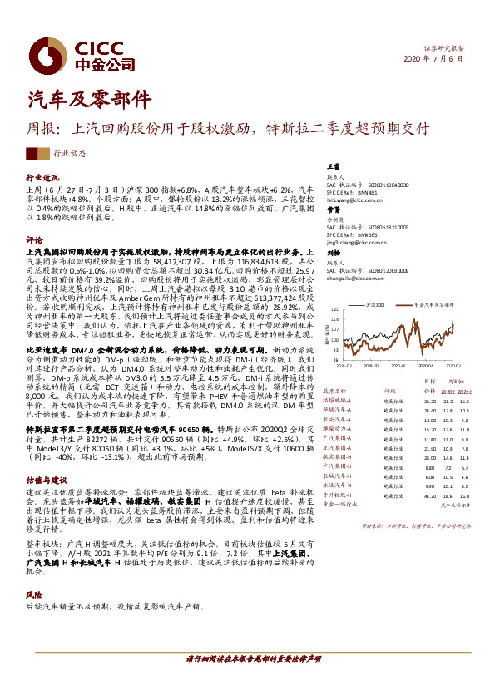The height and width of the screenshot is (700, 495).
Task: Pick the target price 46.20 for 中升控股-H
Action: [429, 495]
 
